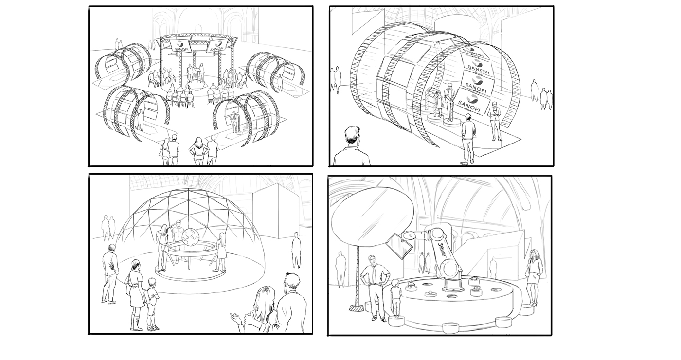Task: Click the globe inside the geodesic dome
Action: click(x=191, y=237)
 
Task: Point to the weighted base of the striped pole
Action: click(x=358, y=307)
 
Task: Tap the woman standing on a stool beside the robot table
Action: click(x=534, y=277)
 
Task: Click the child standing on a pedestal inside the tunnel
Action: click(x=438, y=104)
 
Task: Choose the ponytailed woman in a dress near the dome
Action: click(x=135, y=292)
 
